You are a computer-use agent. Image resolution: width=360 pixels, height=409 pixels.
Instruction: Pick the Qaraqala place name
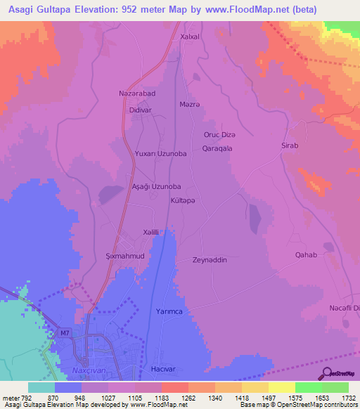(x=217, y=148)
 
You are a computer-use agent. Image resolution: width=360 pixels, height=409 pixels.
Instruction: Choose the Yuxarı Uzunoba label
(x=161, y=153)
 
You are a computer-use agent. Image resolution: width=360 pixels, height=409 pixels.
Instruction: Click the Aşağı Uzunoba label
(x=157, y=187)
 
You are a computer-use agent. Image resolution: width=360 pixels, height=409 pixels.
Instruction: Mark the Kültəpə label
(x=184, y=201)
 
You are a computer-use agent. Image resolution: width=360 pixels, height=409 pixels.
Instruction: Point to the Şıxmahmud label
(x=124, y=257)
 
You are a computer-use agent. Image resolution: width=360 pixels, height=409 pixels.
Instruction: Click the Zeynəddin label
(x=210, y=260)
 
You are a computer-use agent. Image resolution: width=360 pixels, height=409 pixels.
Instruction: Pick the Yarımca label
(x=169, y=311)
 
